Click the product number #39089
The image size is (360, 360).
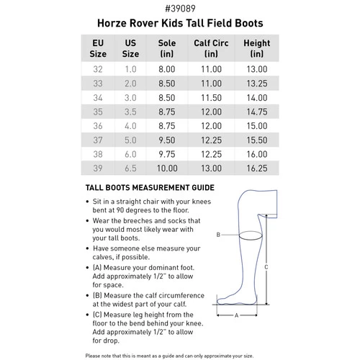pos(179,9)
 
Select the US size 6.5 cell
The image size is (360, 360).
pos(130,168)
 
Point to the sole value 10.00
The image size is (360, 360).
pos(166,168)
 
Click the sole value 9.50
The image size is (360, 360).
pos(166,140)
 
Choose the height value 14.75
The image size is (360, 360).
pos(257,112)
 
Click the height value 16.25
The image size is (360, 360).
pos(257,168)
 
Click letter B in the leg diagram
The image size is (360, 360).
pos(218,235)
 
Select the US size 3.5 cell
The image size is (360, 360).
pos(130,112)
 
